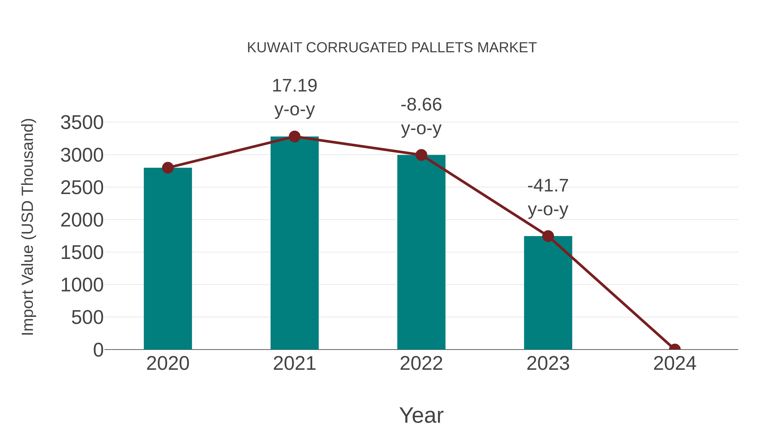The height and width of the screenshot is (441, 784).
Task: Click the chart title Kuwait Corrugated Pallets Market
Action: pyautogui.click(x=392, y=48)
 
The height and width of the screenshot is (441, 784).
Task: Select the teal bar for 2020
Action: pyautogui.click(x=168, y=259)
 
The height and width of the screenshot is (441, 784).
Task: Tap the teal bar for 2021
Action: pyautogui.click(x=294, y=243)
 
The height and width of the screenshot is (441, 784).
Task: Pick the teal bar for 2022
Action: pyautogui.click(x=421, y=253)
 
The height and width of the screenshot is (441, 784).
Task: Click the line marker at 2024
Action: pyautogui.click(x=674, y=349)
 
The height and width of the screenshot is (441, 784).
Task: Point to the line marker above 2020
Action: pyautogui.click(x=168, y=168)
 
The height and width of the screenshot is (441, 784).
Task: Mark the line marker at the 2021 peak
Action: pyautogui.click(x=294, y=137)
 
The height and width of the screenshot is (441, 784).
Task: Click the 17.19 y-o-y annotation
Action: pyautogui.click(x=294, y=97)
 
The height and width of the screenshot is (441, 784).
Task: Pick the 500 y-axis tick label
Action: pyautogui.click(x=87, y=318)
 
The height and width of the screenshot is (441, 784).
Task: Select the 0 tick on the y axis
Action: pyautogui.click(x=98, y=350)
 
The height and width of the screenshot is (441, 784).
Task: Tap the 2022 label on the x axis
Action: pyautogui.click(x=421, y=363)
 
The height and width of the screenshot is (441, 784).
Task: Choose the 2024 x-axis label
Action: pyautogui.click(x=674, y=363)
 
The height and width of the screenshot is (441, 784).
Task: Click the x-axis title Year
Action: pyautogui.click(x=421, y=415)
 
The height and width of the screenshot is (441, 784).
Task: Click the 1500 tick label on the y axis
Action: pyautogui.click(x=82, y=253)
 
